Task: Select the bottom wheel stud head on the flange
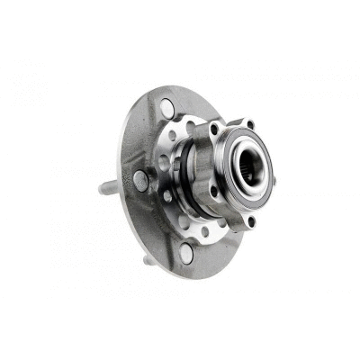pos(185,252)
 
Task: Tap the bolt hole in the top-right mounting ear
pos(250,124)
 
